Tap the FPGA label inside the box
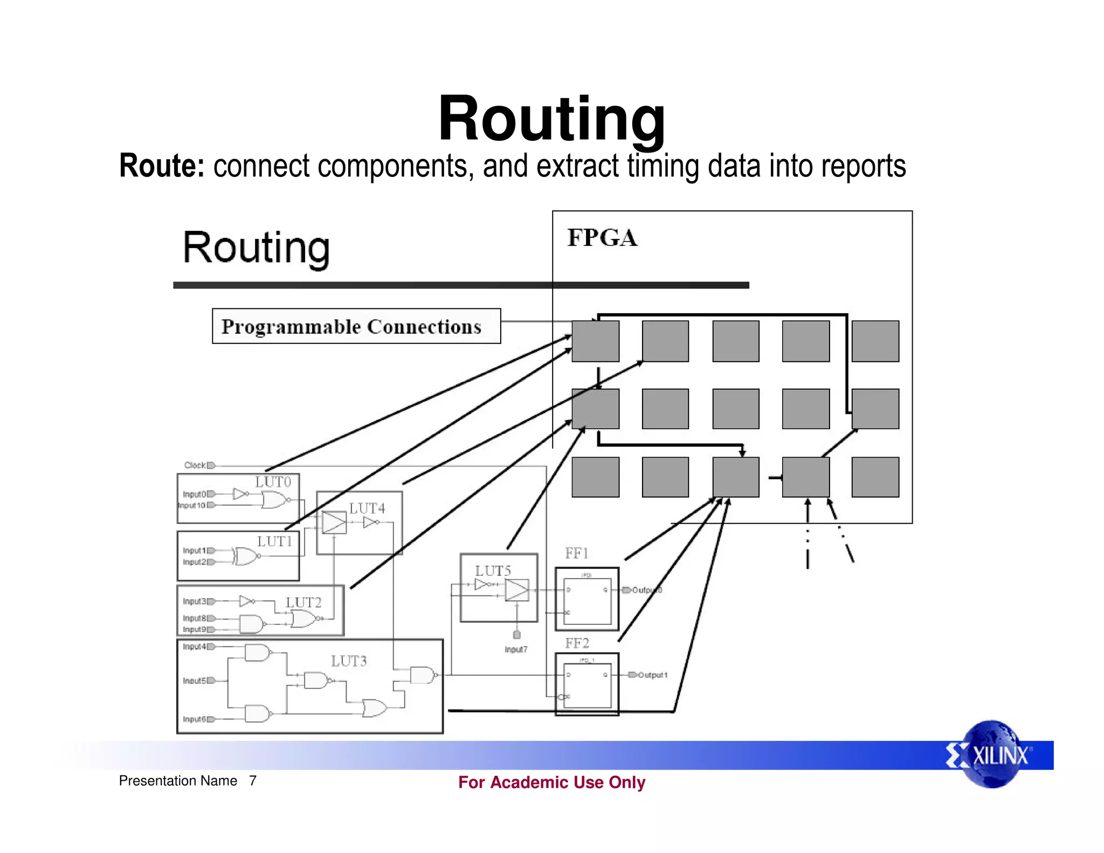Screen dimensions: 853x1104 [602, 238]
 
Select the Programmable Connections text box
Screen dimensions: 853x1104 [356, 326]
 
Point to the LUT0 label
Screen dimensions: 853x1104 [273, 482]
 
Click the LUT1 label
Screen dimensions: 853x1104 [274, 541]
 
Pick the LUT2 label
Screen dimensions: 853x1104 [303, 602]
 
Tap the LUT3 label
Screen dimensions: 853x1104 [349, 661]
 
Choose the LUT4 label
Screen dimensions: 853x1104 [367, 508]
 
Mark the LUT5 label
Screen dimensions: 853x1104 [493, 570]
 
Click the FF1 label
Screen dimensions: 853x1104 [577, 553]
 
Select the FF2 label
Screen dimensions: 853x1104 [577, 643]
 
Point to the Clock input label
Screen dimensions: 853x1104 [195, 465]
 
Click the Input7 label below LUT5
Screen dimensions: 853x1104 [516, 650]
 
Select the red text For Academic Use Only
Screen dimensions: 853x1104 [551, 782]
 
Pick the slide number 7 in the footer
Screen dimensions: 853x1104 [253, 781]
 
